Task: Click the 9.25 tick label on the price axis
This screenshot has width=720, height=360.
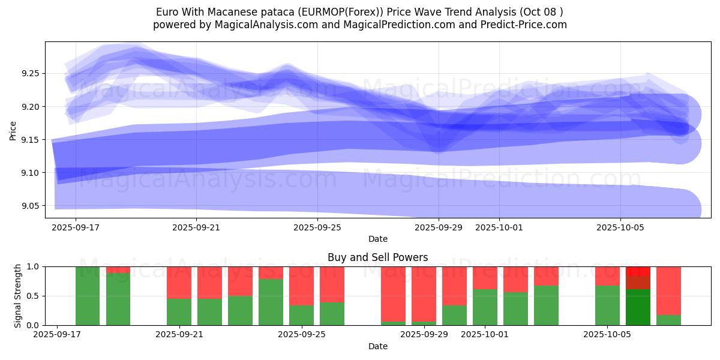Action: (30, 73)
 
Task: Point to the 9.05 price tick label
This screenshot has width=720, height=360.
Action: (30, 206)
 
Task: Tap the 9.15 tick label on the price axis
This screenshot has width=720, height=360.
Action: (30, 140)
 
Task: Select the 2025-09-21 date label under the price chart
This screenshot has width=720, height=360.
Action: (196, 227)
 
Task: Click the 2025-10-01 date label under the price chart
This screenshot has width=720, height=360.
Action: (499, 227)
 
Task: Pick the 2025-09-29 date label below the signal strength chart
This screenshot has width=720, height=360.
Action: (424, 335)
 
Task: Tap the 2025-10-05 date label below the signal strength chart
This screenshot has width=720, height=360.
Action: (608, 335)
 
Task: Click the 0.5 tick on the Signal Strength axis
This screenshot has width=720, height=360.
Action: (34, 296)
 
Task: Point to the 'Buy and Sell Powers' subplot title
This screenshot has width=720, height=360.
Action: (377, 257)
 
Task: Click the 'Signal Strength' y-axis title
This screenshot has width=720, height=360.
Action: (18, 296)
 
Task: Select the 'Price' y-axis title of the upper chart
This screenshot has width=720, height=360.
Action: (13, 130)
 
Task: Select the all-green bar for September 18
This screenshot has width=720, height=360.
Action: (88, 296)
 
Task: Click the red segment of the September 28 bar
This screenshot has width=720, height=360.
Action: (393, 294)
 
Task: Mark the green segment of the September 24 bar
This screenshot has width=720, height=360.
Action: (271, 302)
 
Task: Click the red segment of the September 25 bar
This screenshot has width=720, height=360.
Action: (301, 286)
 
